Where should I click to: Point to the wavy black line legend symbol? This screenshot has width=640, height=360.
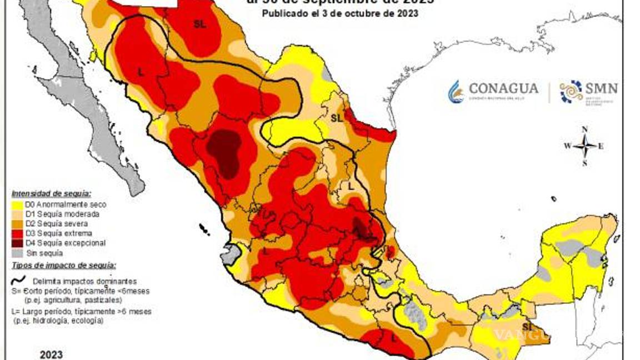pos(18,281)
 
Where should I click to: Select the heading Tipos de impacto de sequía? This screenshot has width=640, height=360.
pos(60,266)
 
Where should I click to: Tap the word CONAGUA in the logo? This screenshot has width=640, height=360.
pos(503,88)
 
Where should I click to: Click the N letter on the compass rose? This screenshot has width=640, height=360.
pos(584,129)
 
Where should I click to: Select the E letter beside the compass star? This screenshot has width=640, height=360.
pos(601,147)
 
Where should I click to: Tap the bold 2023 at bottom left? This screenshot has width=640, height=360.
pos(51,354)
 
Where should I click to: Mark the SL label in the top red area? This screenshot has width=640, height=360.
pos(199,23)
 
